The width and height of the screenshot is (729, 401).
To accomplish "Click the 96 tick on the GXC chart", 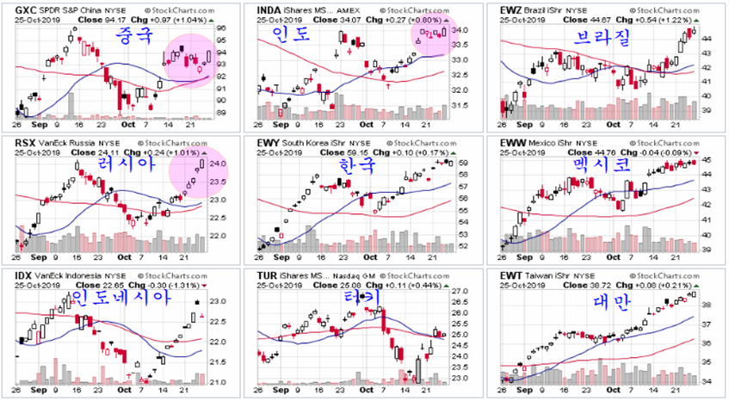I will coord(220,28).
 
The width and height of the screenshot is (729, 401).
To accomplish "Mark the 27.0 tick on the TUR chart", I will coord(461,293).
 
